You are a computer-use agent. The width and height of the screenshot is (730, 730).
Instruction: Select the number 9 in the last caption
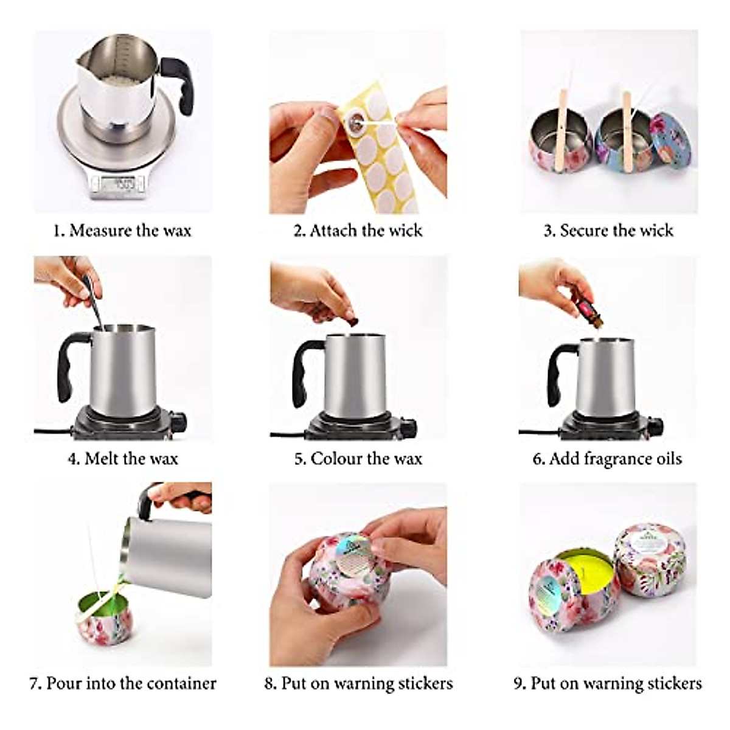coord(518,683)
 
